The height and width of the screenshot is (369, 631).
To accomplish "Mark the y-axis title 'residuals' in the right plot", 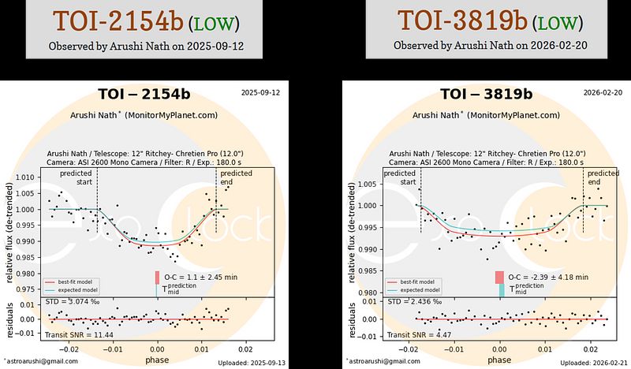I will (350, 319).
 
